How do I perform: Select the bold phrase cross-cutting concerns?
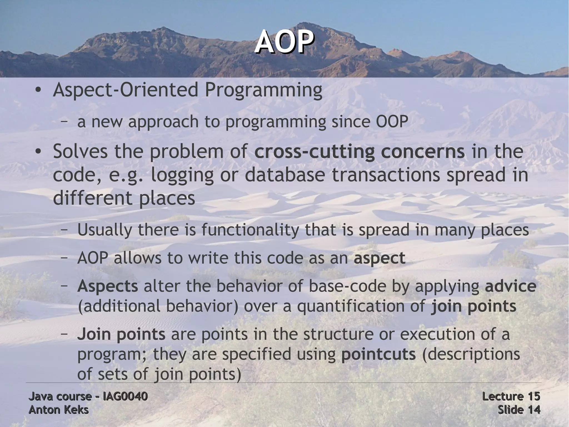[359, 152]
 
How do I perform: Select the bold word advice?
[510, 286]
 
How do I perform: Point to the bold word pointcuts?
[378, 354]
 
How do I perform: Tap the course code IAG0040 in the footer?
[125, 396]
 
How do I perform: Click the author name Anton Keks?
[59, 410]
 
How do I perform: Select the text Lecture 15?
[511, 396]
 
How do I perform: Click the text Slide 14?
[519, 410]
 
